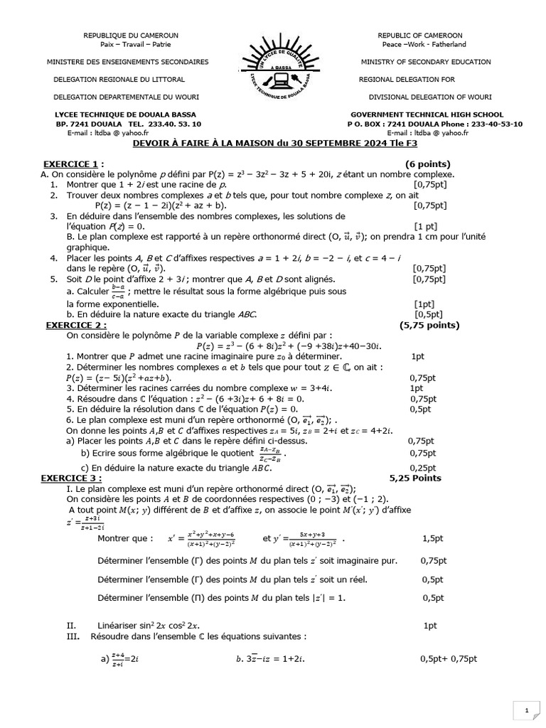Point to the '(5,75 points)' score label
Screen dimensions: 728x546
coord(430,325)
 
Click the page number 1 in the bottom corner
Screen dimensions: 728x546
coord(526,710)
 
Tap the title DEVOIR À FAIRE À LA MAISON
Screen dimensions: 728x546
coord(274,144)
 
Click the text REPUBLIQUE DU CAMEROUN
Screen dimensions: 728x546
coord(131,35)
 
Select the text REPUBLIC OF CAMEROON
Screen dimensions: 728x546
coord(419,35)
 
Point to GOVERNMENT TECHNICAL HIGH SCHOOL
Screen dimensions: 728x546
coord(427,114)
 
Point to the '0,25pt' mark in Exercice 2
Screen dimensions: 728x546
coord(423,468)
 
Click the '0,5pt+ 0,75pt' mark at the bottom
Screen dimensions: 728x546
coord(449,659)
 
